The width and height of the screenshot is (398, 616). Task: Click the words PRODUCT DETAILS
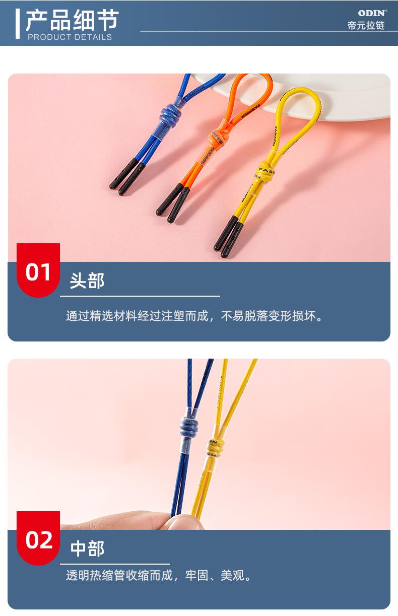click(70, 37)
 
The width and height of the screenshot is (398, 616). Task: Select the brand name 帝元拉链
click(366, 26)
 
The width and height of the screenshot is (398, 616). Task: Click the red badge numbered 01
click(38, 271)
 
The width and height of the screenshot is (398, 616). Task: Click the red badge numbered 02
click(38, 540)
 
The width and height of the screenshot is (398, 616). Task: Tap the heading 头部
click(87, 281)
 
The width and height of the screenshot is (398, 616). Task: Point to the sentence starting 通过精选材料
click(194, 316)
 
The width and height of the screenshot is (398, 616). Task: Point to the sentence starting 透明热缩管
click(158, 575)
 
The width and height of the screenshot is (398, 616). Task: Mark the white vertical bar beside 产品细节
click(18, 23)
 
